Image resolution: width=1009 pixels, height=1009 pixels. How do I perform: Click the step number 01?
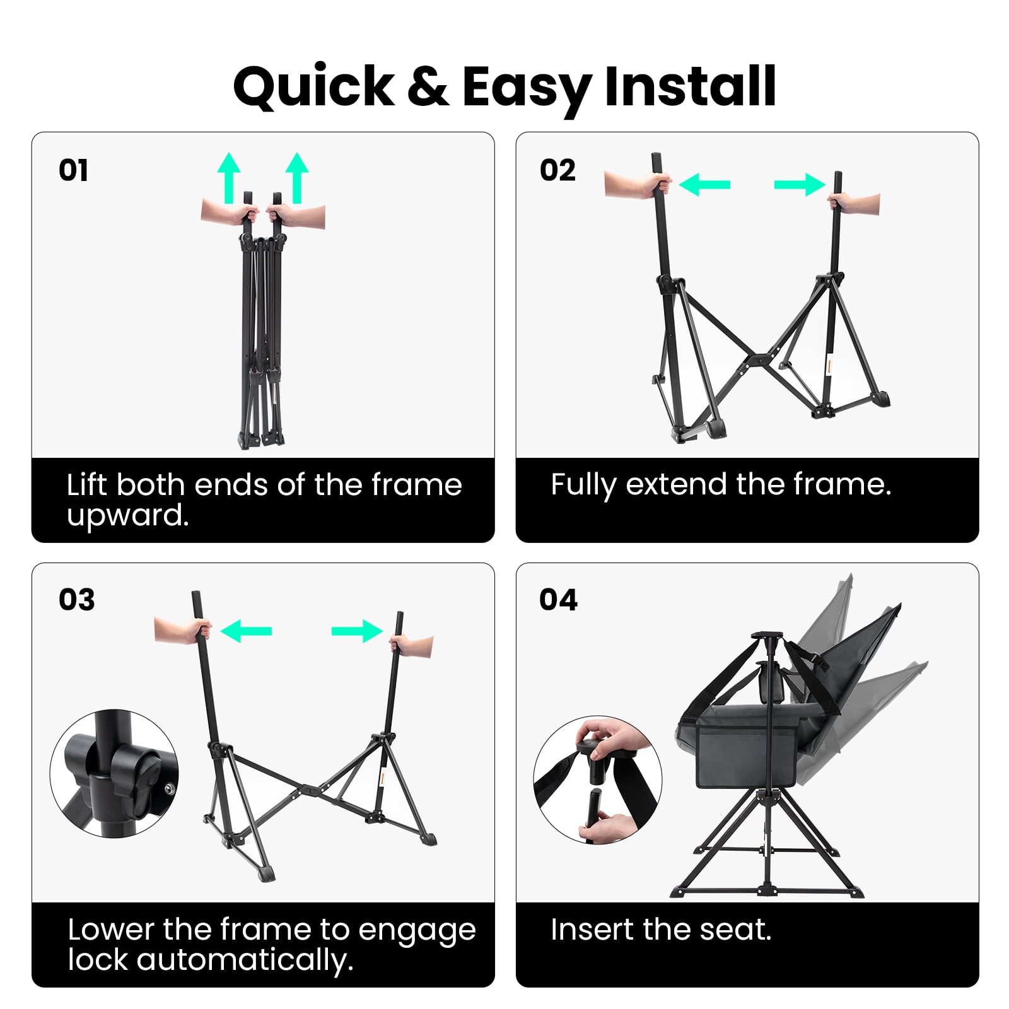tap(73, 170)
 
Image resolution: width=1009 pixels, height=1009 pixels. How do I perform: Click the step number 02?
tap(557, 170)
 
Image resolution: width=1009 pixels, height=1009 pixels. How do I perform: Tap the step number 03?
tap(76, 599)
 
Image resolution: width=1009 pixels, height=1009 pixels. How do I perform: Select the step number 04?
tap(558, 599)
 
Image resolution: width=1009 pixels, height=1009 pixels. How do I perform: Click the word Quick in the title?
tap(313, 86)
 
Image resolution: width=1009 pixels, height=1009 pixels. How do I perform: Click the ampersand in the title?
tap(428, 86)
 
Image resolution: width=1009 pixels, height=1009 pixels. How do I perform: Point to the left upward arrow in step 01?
tap(229, 178)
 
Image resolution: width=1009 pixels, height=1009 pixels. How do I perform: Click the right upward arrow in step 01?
tap(297, 178)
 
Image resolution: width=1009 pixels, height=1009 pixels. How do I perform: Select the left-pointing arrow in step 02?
tap(704, 185)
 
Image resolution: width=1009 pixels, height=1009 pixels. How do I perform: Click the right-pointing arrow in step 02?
tap(800, 185)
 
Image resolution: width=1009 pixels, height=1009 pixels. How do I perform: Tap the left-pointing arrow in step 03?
tap(246, 631)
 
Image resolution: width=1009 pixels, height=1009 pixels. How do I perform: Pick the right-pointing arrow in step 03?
tap(357, 631)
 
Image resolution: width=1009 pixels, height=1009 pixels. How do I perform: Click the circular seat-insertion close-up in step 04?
tap(598, 780)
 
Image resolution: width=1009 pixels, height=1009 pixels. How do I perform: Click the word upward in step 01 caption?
tap(128, 515)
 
